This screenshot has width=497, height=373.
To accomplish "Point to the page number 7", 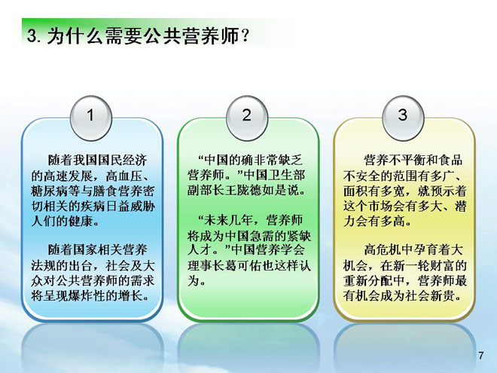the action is pos(481,356).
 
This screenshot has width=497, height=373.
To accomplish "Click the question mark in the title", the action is pos(244,35).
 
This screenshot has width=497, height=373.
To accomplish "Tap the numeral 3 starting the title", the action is pos(31,35).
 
